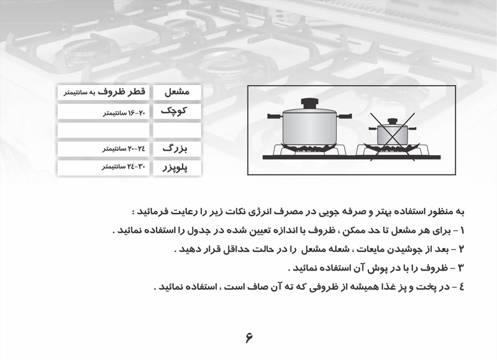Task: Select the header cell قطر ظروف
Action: pyautogui.click(x=102, y=92)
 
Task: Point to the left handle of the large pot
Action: pyautogui.click(x=274, y=116)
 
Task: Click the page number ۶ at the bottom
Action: pyautogui.click(x=249, y=338)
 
